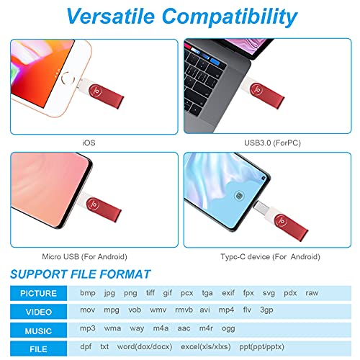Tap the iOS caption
point(89,143)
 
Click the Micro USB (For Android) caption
point(89,256)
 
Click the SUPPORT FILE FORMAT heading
point(81,274)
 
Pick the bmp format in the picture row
point(87,294)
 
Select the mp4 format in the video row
point(227,310)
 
